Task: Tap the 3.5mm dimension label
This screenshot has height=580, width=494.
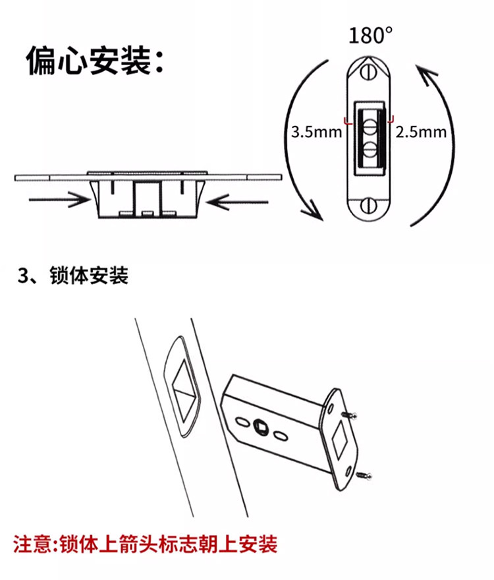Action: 317,132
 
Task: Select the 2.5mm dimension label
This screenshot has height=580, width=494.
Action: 421,132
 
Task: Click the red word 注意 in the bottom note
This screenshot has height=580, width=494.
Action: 33,544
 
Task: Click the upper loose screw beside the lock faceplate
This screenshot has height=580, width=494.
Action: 351,415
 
